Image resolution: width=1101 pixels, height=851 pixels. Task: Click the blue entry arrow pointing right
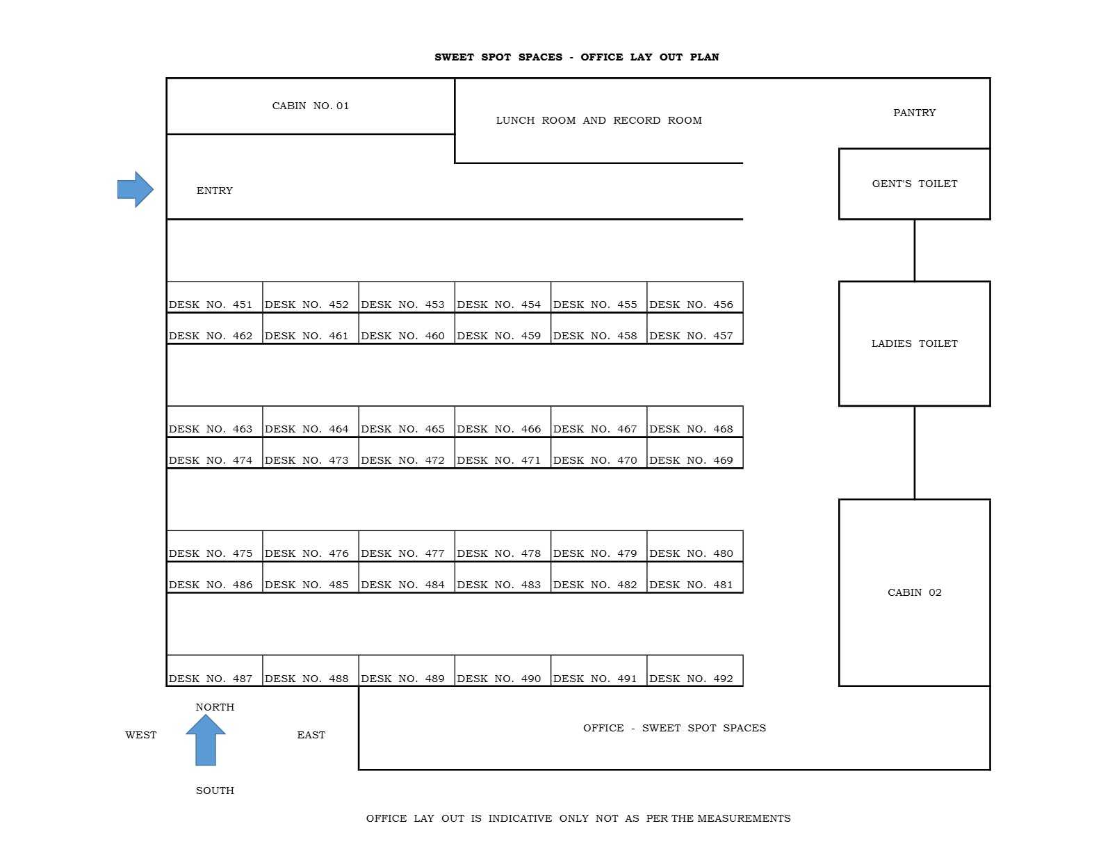click(136, 189)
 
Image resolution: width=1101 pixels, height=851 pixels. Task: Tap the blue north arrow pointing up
click(206, 740)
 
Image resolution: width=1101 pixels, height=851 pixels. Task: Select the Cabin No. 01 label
click(310, 106)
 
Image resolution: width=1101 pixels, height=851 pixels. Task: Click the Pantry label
click(914, 113)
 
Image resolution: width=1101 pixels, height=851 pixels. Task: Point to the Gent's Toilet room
click(914, 184)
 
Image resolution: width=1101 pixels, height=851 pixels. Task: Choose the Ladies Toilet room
click(914, 343)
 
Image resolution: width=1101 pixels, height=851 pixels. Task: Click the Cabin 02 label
click(914, 592)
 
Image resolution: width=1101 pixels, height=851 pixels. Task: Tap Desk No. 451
click(214, 297)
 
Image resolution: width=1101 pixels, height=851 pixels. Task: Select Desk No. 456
click(694, 297)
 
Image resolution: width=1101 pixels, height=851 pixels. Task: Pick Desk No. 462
click(214, 328)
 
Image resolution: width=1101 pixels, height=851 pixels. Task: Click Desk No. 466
click(503, 422)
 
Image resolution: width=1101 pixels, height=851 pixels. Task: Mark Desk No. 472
click(407, 453)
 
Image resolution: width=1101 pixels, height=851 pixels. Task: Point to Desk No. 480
click(694, 546)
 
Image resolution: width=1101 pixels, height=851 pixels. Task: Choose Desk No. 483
click(503, 577)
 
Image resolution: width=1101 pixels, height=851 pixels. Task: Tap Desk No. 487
click(214, 670)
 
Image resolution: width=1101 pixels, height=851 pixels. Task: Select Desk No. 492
click(694, 670)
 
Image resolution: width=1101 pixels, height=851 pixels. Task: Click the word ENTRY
click(214, 191)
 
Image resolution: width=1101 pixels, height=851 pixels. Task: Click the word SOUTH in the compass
click(215, 791)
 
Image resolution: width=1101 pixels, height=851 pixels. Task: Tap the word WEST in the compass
click(141, 735)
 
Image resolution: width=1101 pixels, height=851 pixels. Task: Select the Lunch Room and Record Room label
click(598, 121)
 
